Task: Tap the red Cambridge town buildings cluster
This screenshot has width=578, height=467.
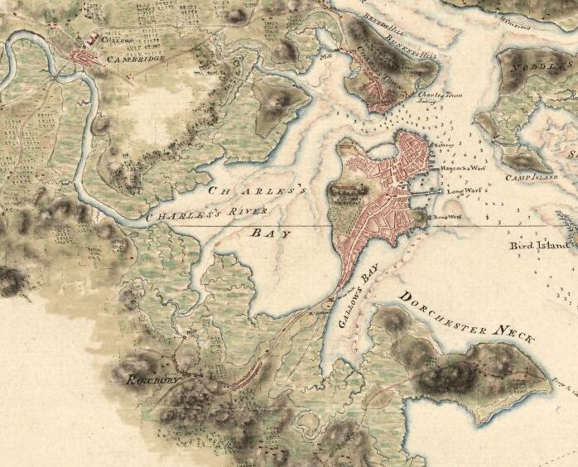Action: coord(86,57)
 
